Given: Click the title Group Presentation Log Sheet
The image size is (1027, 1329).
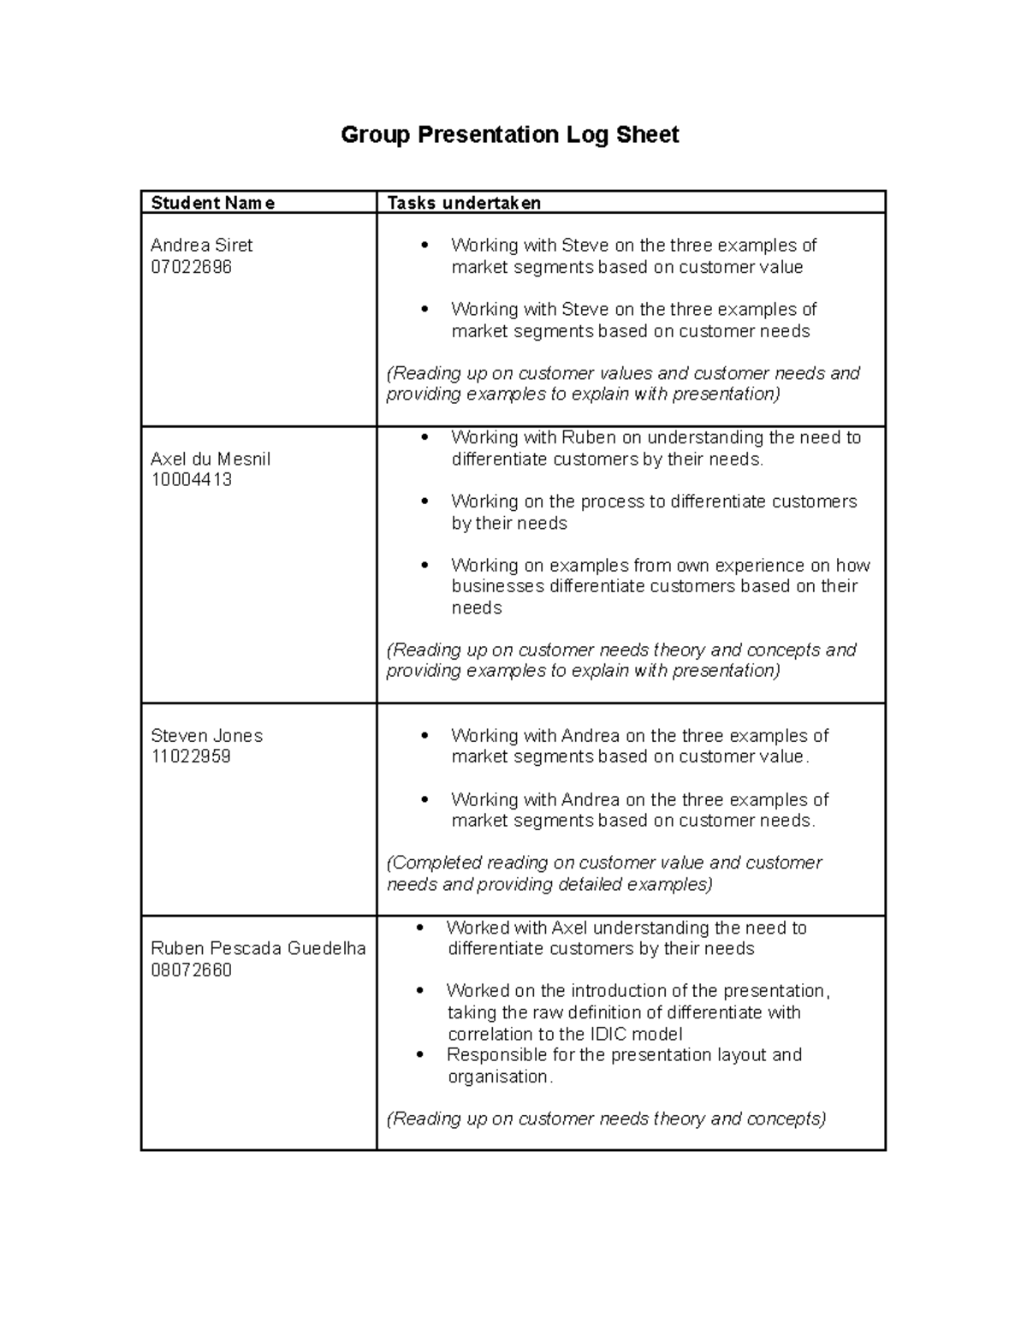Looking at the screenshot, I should pyautogui.click(x=509, y=135).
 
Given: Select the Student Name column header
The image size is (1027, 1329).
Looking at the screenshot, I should pyautogui.click(x=212, y=203).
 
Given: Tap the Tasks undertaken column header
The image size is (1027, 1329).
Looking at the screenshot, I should pyautogui.click(x=464, y=203).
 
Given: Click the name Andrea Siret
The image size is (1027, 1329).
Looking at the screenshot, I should pyautogui.click(x=201, y=246).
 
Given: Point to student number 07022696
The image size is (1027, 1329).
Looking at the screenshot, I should pyautogui.click(x=191, y=267).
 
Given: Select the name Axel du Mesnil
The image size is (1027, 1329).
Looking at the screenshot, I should pyautogui.click(x=211, y=459).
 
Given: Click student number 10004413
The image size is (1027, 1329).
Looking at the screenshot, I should pyautogui.click(x=191, y=480).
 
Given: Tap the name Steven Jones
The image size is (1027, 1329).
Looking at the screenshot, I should pyautogui.click(x=206, y=736).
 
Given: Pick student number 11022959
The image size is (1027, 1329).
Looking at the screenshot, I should pyautogui.click(x=190, y=756).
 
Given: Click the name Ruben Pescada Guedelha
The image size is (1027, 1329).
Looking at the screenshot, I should pyautogui.click(x=258, y=948).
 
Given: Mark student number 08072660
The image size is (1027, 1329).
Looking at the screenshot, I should pyautogui.click(x=191, y=970).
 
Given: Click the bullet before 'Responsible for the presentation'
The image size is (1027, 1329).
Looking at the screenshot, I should pyautogui.click(x=419, y=1055).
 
